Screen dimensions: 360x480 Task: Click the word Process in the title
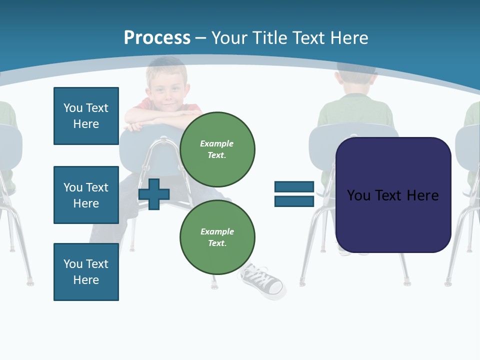(x=157, y=38)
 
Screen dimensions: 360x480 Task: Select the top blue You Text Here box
(x=86, y=116)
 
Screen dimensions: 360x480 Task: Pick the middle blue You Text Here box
(x=86, y=195)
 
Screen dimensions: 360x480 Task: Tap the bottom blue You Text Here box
(x=86, y=271)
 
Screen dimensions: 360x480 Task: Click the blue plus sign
(x=154, y=194)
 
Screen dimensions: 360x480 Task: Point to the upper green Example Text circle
(x=217, y=149)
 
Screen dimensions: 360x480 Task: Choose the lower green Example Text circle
(x=217, y=237)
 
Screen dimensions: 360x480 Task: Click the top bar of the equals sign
(x=294, y=187)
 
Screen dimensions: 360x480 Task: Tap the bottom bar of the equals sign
(x=294, y=201)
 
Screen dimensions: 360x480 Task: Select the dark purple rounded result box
(x=393, y=195)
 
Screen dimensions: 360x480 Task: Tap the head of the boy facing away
(x=356, y=80)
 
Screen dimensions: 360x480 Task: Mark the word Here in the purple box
(x=422, y=195)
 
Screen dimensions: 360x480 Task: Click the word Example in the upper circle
(x=217, y=143)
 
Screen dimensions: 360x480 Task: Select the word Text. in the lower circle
(x=217, y=243)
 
